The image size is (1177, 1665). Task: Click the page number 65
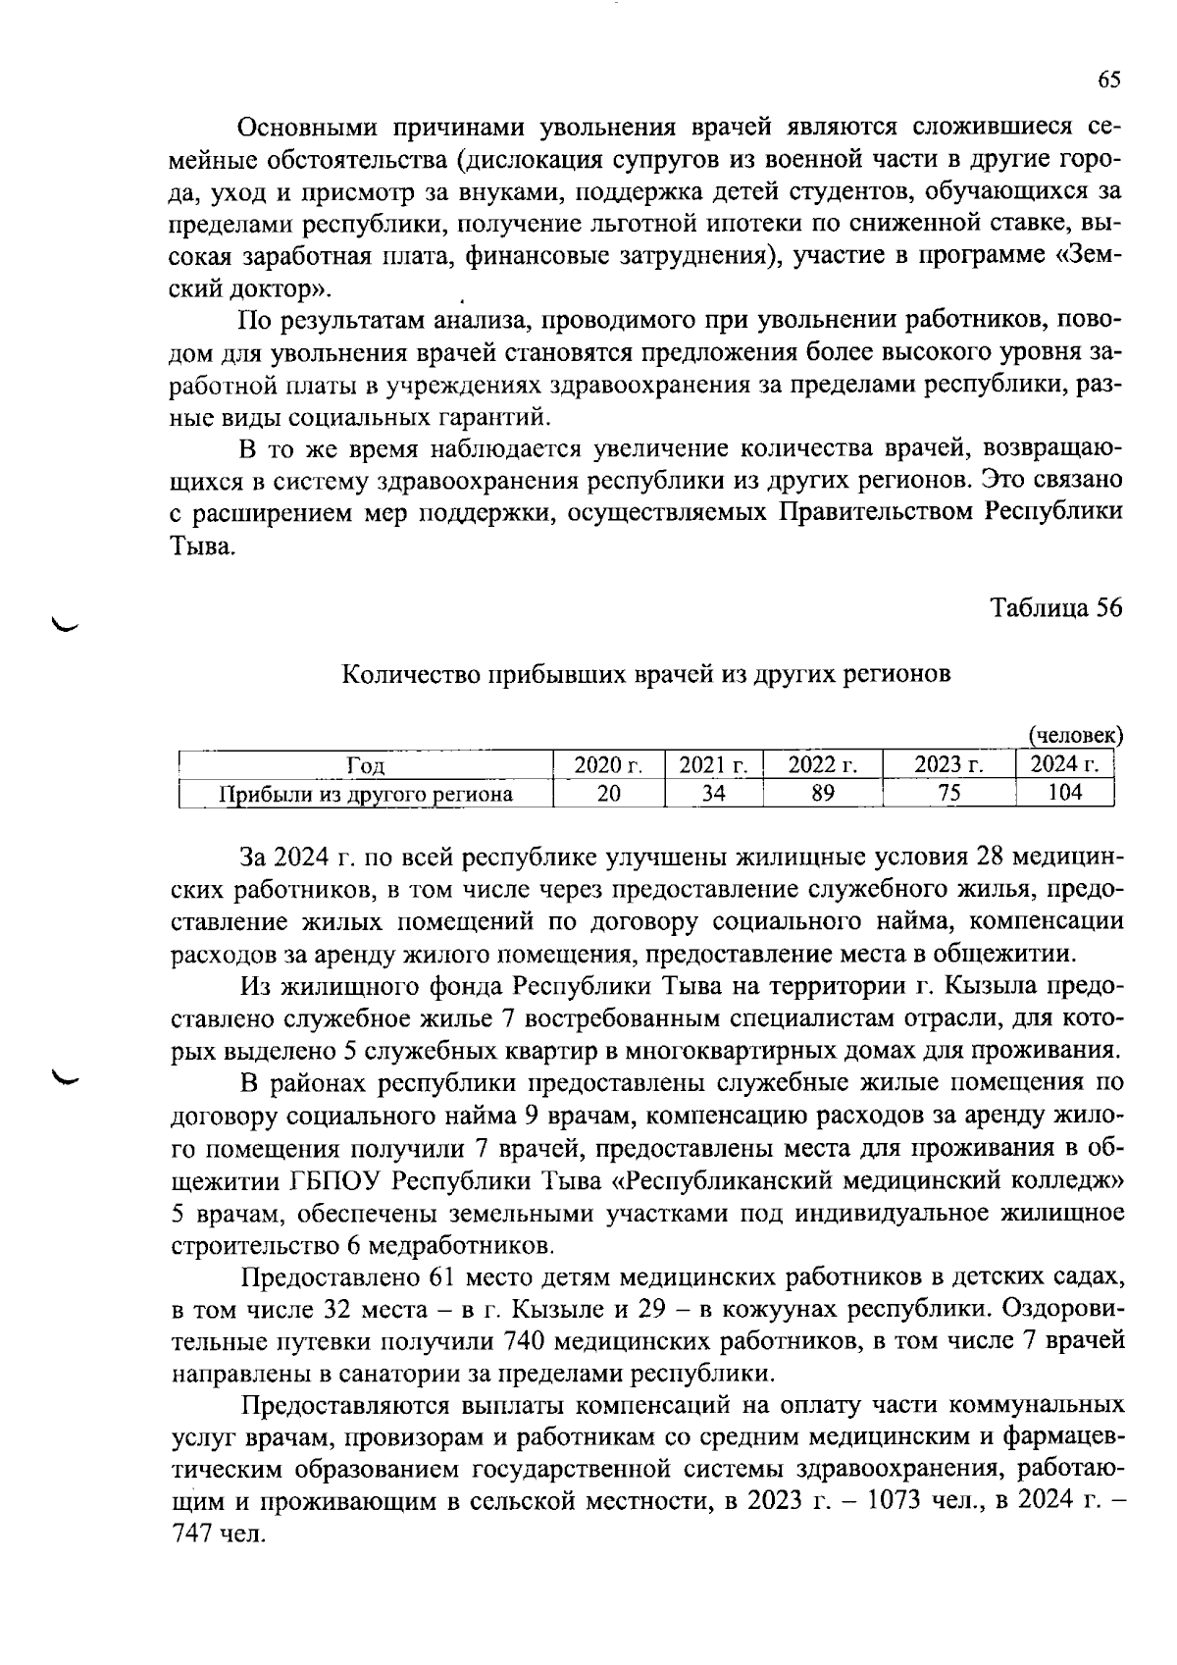pos(1108,80)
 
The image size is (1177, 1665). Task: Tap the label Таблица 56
pos(1055,608)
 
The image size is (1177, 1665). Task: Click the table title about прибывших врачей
pos(646,675)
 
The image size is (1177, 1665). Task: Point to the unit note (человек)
pos(1074,735)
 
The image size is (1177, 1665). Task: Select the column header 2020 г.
pos(608,765)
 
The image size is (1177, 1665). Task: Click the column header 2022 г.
pos(823,765)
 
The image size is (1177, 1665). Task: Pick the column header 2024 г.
pos(1064,765)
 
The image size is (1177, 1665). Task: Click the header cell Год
pos(366,766)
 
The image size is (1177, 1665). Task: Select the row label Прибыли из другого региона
pos(366,794)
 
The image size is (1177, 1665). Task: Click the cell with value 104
pos(1064,793)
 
